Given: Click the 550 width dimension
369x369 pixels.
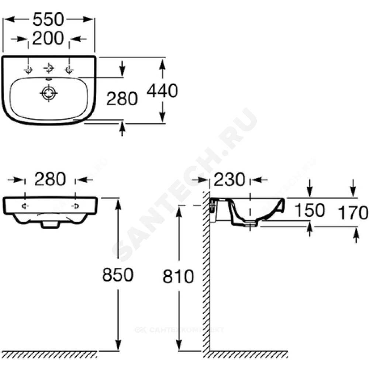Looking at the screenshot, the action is pyautogui.click(x=48, y=20).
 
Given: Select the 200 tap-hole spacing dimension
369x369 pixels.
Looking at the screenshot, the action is pyautogui.click(x=48, y=38).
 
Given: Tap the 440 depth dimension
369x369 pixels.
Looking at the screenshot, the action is pyautogui.click(x=162, y=91).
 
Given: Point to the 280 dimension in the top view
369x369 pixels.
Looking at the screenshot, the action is pyautogui.click(x=122, y=99).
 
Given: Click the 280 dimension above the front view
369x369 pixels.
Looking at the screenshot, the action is pyautogui.click(x=50, y=179).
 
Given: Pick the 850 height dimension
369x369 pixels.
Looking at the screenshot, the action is pyautogui.click(x=118, y=275).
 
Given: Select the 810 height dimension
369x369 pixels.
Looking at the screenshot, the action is pyautogui.click(x=178, y=276).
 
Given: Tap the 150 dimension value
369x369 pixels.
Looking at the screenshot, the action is pyautogui.click(x=310, y=210).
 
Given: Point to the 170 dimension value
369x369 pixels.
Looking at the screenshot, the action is pyautogui.click(x=353, y=213).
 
